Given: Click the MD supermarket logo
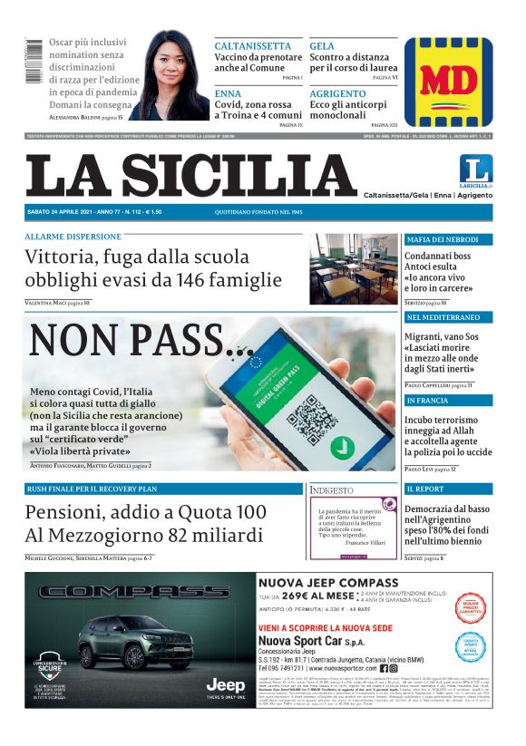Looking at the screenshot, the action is (450, 82).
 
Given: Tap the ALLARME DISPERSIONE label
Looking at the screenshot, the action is (73, 237).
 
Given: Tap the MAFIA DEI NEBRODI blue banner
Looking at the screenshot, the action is (449, 239).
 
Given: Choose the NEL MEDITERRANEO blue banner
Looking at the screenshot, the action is (449, 318).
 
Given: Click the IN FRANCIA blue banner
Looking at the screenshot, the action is (449, 400).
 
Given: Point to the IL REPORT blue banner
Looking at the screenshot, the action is (449, 489).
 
